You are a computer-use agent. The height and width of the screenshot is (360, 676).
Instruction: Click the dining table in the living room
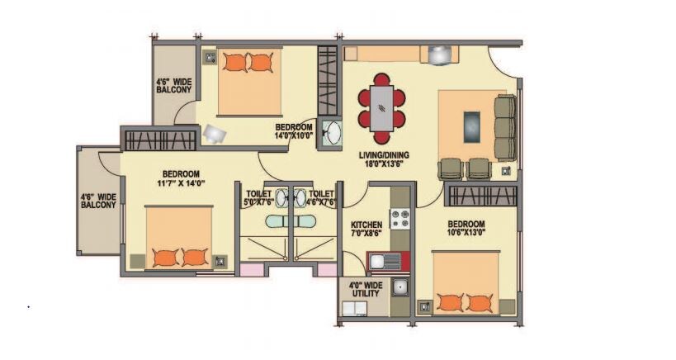pyautogui.click(x=381, y=109)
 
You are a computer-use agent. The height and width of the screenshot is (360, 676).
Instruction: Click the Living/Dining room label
pyautogui.click(x=383, y=159)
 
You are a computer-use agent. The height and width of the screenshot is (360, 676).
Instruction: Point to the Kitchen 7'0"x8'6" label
pyautogui.click(x=366, y=229)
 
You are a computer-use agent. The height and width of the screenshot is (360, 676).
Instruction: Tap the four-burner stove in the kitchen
pyautogui.click(x=400, y=219)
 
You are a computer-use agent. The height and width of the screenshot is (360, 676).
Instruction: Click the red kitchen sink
pyautogui.click(x=385, y=262)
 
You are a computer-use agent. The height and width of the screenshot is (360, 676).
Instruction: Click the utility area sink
pyautogui.click(x=401, y=287)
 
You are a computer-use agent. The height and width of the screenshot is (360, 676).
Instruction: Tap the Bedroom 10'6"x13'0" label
pyautogui.click(x=466, y=229)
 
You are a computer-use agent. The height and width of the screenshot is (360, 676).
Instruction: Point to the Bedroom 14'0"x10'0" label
pyautogui.click(x=294, y=131)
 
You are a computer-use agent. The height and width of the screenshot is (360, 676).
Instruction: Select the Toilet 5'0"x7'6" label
pyautogui.click(x=258, y=197)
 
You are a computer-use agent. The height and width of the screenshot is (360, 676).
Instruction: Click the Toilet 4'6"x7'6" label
pyautogui.click(x=322, y=197)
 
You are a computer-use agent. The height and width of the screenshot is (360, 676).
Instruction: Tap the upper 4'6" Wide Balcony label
pyautogui.click(x=173, y=86)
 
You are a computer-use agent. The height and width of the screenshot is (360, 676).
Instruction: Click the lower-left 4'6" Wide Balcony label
pyautogui.click(x=98, y=201)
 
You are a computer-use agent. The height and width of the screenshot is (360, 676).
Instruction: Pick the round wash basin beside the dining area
pyautogui.click(x=333, y=134)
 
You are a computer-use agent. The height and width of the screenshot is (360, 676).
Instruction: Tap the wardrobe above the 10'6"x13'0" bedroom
pyautogui.click(x=482, y=196)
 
